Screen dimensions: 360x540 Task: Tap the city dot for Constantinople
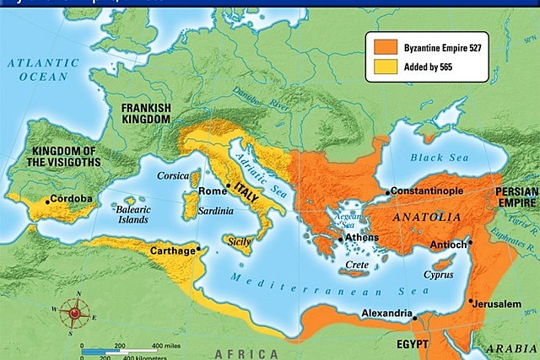click(x=388, y=193)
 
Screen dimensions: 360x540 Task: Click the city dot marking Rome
click(x=228, y=185)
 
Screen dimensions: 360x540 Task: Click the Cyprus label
click(x=441, y=275)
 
